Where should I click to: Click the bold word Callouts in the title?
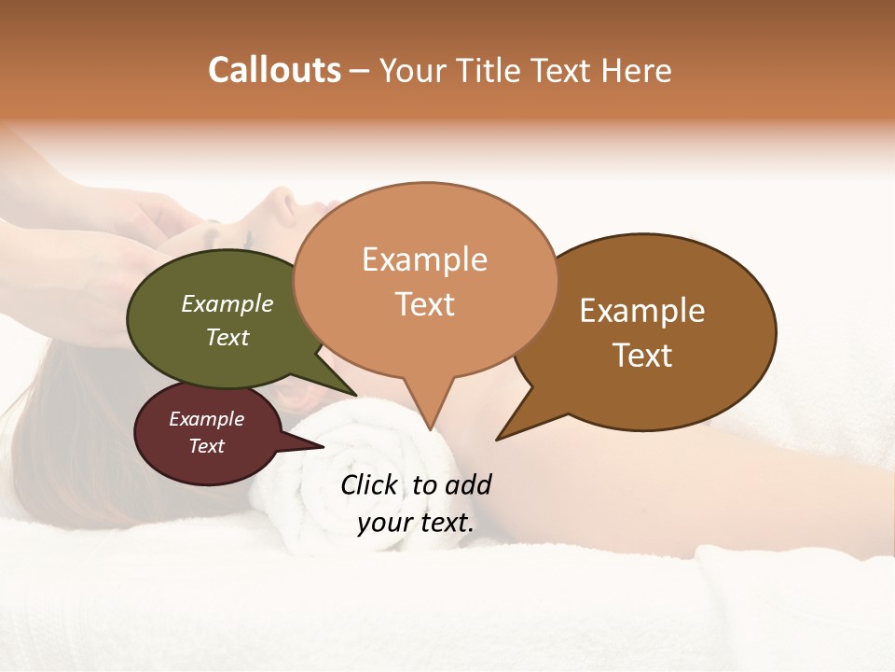click(275, 70)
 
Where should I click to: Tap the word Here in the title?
click(636, 70)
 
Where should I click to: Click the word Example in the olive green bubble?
click(227, 303)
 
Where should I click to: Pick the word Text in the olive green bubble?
click(227, 337)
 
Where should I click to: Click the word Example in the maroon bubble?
click(206, 419)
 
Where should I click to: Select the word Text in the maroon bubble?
click(206, 446)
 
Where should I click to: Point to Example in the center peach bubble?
click(424, 259)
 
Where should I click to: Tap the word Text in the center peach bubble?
click(424, 304)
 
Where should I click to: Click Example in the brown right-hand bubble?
click(642, 311)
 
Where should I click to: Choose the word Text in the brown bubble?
click(642, 356)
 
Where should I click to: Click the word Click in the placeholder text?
click(369, 484)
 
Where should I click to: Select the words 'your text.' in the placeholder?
click(416, 523)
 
